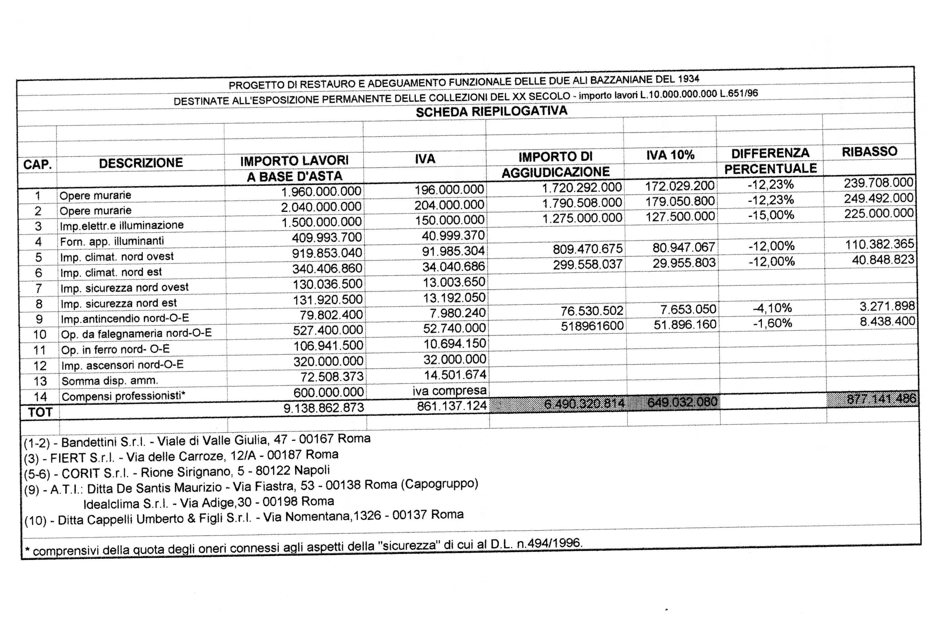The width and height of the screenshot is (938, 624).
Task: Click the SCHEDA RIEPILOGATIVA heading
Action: coord(491,111)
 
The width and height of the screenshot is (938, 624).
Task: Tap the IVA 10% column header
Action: coord(670,155)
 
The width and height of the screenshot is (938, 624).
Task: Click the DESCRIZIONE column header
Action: coord(141,163)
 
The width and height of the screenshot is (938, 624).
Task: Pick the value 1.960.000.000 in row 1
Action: coord(321,191)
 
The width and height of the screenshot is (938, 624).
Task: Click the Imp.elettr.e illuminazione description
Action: coord(122,226)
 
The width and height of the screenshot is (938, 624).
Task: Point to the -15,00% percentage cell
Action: coord(771,215)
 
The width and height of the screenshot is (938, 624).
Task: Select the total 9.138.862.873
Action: coord(323,408)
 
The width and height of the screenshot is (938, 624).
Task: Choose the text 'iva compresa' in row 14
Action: coord(449,391)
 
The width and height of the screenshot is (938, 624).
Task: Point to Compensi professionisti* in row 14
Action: coord(123,396)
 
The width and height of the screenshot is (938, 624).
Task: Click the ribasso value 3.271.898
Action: coord(887,306)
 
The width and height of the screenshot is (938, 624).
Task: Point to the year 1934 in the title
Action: coord(688,79)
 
